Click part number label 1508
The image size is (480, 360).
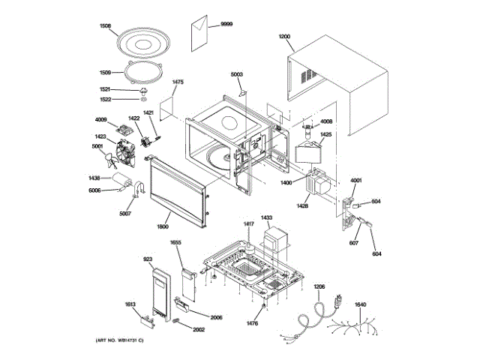104,26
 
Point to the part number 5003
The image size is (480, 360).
236,74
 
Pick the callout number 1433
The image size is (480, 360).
266,217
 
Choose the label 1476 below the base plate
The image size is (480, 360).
252,323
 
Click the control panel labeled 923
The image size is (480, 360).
160,294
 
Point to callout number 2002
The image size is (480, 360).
199,329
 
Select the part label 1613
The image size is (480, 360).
130,304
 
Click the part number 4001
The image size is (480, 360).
356,180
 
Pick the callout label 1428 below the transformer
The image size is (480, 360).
303,205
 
